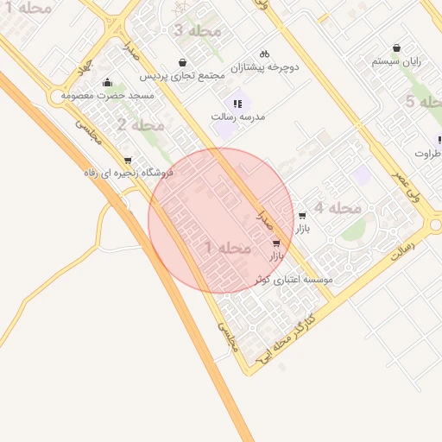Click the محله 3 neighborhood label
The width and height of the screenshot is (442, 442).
(197, 31)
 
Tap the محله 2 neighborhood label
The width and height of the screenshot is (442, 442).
(140, 126)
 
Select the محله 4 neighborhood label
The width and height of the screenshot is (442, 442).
(338, 208)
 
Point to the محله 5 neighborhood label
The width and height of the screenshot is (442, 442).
(422, 102)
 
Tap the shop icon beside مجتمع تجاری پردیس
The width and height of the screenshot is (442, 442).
(183, 62)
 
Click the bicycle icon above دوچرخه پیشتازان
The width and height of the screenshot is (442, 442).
(264, 53)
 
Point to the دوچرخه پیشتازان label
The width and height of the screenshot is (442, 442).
(264, 66)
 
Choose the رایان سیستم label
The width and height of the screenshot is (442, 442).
(396, 62)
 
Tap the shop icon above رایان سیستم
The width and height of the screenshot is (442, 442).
(396, 48)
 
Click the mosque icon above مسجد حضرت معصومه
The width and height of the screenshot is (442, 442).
(107, 83)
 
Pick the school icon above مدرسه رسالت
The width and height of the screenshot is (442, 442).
(237, 104)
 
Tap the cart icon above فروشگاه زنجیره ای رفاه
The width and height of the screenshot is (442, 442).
(128, 160)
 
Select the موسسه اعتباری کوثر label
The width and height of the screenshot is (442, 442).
(294, 280)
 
